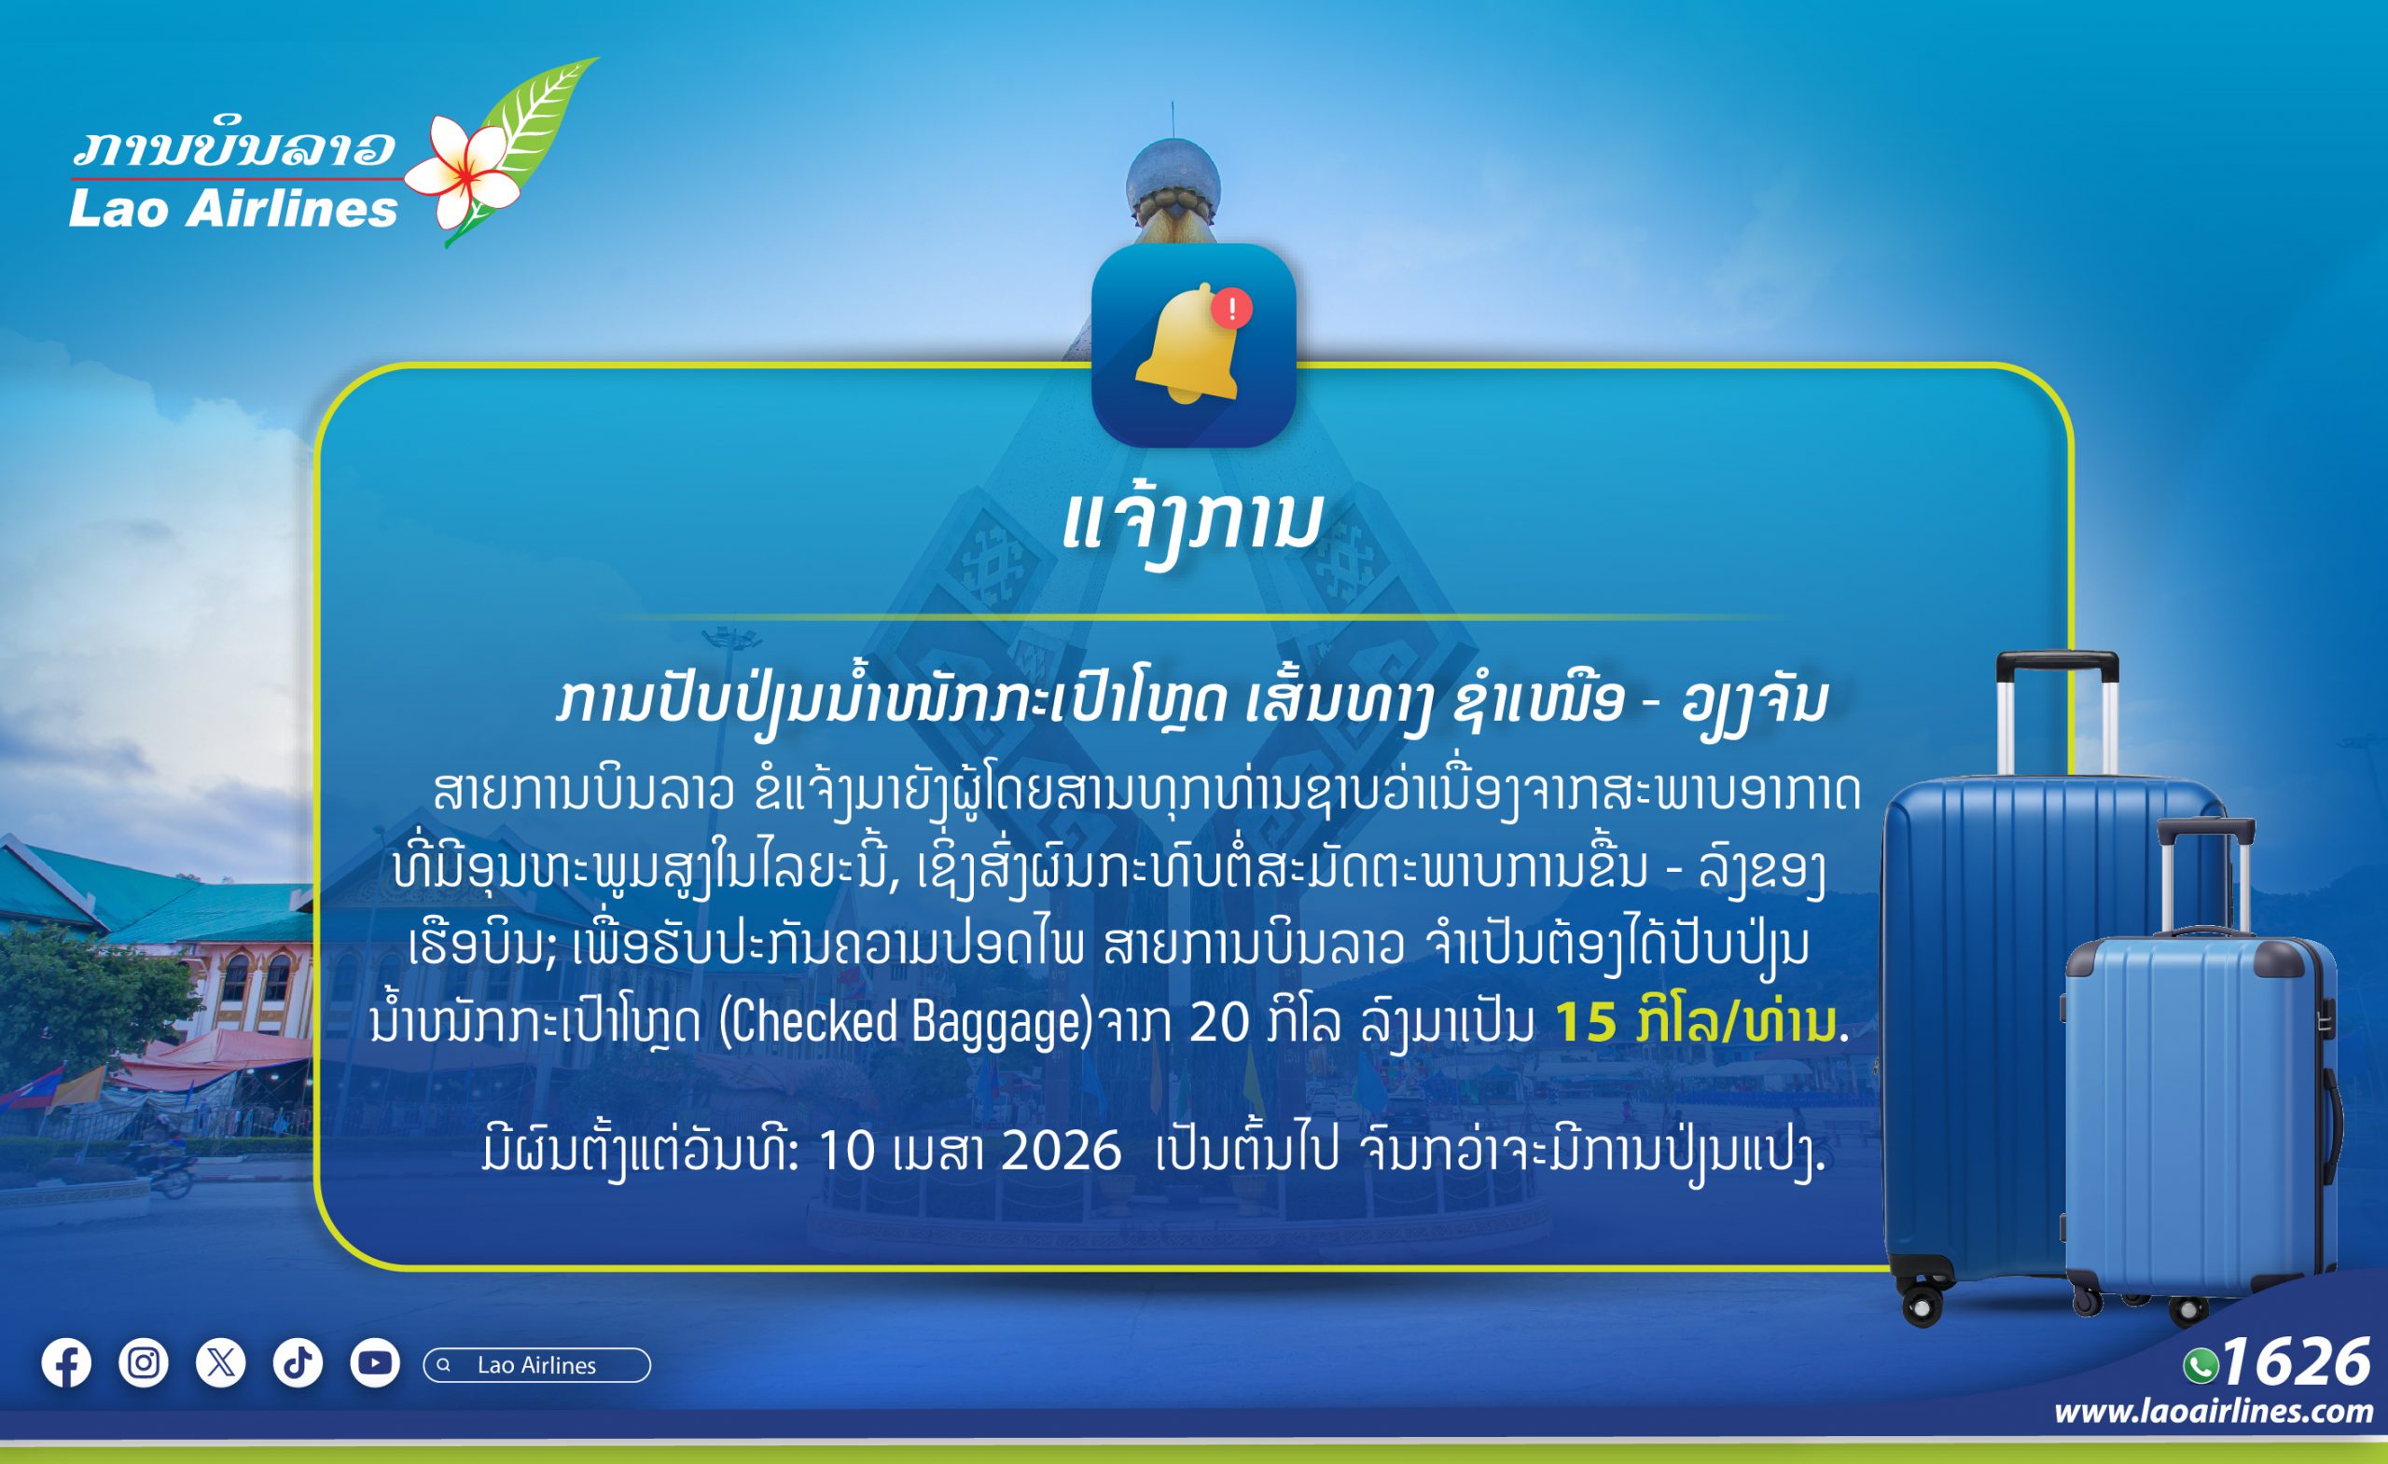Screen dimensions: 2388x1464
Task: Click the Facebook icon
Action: coord(66,1363)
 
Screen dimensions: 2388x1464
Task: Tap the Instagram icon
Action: coord(144,1363)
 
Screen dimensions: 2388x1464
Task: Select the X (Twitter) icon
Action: coord(221,1363)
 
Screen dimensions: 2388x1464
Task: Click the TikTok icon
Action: coord(298,1363)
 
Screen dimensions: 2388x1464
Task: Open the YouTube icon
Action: coord(375,1363)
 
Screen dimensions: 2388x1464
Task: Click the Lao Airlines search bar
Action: coord(537,1364)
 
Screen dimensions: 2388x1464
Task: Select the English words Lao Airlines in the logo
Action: coord(232,209)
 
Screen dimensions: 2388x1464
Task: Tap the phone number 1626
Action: coord(2296,1362)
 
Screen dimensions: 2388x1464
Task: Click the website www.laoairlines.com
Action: coord(2214,1412)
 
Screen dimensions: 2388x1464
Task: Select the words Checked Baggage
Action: coord(905,1021)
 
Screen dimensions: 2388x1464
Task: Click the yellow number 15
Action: coord(1586,1022)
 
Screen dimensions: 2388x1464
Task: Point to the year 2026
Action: coord(1062,1151)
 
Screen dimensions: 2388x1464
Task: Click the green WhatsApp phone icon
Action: coord(2201,1366)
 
